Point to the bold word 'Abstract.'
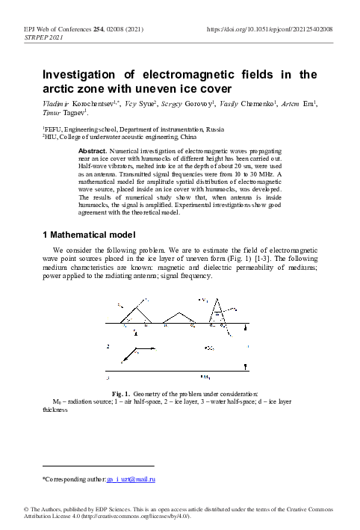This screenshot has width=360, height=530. point(92,152)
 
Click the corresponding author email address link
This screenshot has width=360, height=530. point(141,478)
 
